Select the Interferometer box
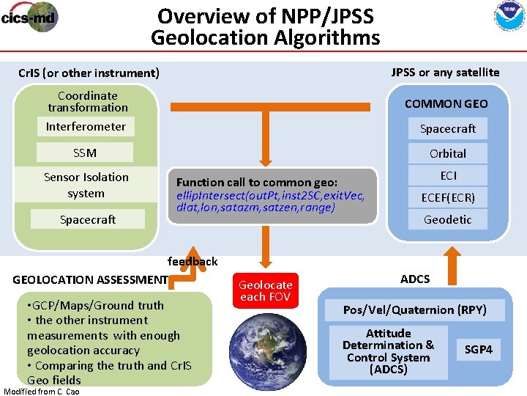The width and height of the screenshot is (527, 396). coord(86,127)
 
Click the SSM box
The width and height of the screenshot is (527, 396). coord(86,153)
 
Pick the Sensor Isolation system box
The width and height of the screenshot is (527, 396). coord(86,185)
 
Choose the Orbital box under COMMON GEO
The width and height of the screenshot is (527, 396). coord(447,153)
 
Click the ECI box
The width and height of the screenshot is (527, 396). coord(447,175)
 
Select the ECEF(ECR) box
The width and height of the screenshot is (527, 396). coord(447,197)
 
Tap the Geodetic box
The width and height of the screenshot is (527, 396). coord(447,219)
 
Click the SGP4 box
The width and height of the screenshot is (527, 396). coord(478,350)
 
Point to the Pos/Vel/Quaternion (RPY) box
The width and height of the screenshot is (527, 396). coord(415,309)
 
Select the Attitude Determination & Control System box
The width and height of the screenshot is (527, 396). coord(388,351)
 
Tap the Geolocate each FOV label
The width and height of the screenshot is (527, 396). coord(265,290)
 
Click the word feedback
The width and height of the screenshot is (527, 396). coord(193,261)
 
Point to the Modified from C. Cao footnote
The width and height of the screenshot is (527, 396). coord(42,391)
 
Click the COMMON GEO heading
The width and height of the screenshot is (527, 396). coord(446,103)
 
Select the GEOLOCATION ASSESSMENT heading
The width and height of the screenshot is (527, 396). coord(90,279)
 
